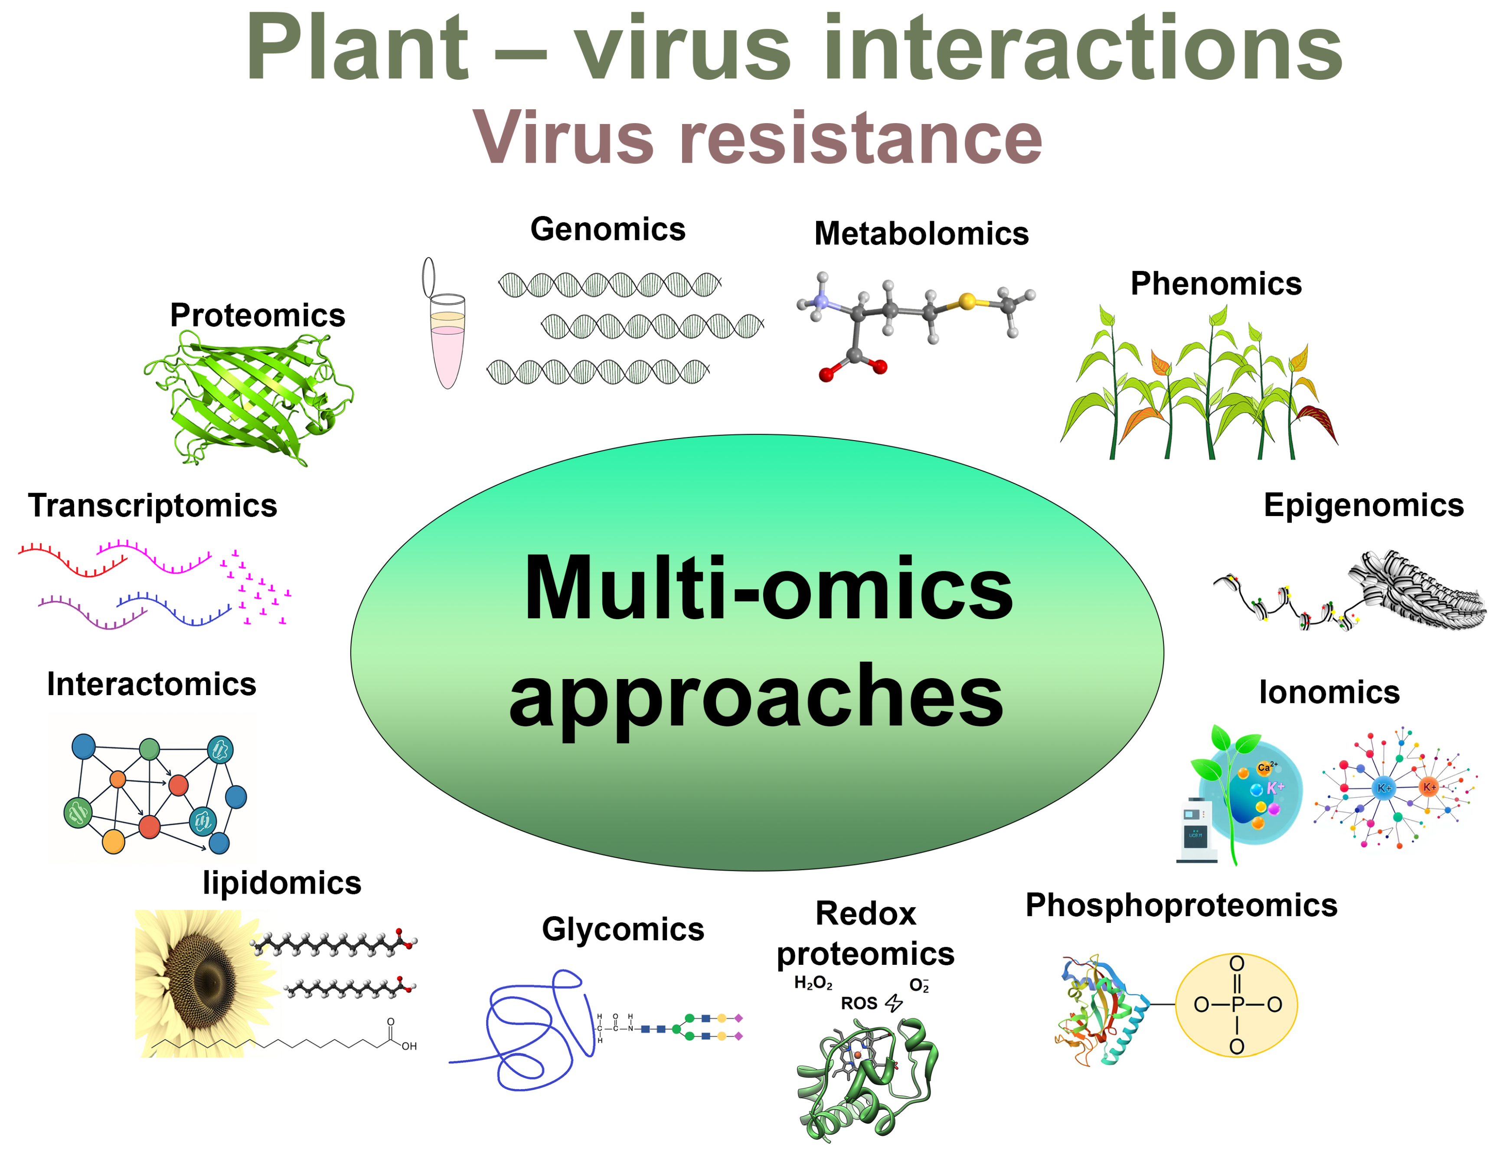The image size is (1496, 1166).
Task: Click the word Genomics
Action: [608, 229]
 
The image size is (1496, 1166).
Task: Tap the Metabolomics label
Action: [921, 234]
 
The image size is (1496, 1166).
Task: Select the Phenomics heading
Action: [1216, 284]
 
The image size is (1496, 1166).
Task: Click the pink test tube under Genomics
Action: [447, 343]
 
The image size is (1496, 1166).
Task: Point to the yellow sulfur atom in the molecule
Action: [967, 301]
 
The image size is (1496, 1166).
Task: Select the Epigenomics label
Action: [1363, 506]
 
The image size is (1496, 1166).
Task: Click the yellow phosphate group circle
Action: [1236, 1004]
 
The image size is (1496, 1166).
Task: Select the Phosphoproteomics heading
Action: [1181, 906]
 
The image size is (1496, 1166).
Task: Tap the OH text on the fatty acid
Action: [409, 1046]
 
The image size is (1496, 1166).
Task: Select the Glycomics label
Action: [623, 930]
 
